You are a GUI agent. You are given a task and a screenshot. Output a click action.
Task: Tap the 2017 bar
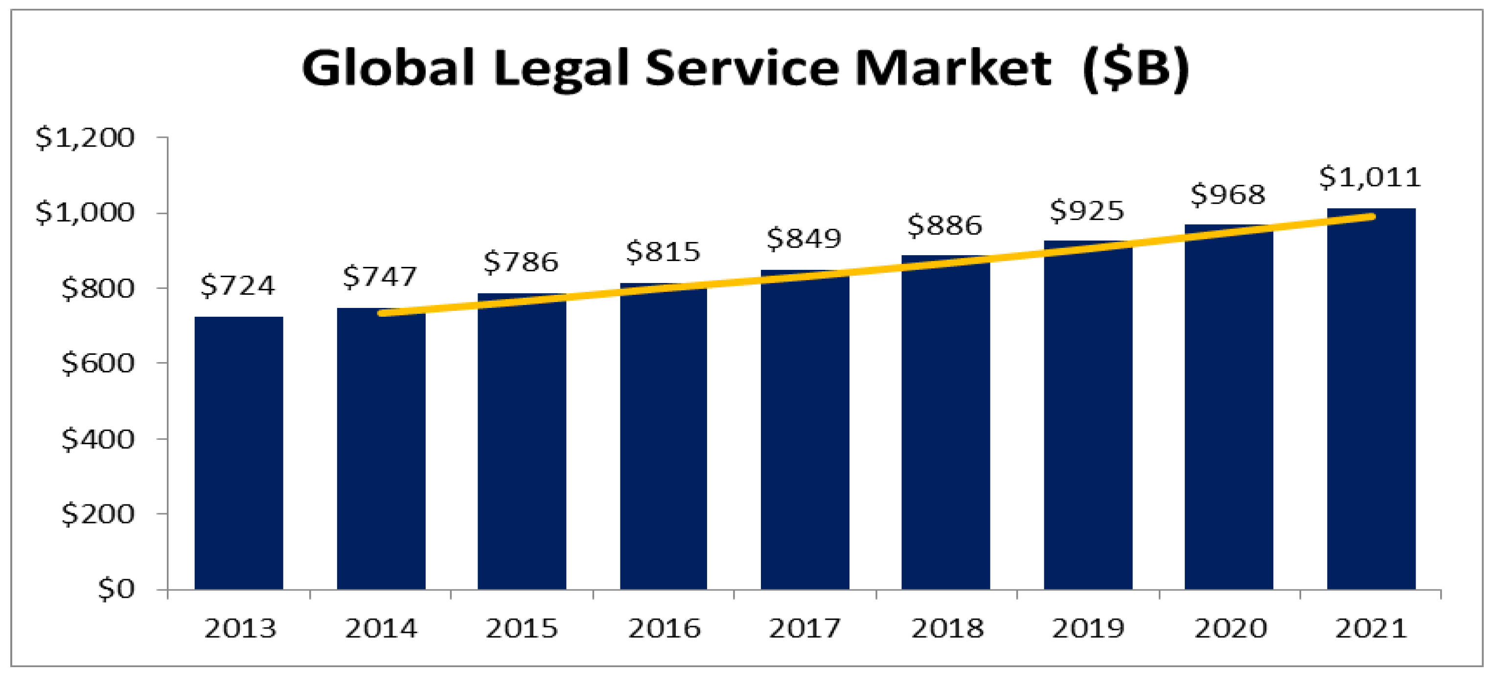[x=804, y=432]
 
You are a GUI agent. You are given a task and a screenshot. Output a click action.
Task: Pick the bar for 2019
[x=1088, y=417]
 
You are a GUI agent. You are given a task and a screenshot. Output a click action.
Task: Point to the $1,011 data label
[x=1370, y=177]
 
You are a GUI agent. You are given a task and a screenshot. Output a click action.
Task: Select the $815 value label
[x=663, y=252]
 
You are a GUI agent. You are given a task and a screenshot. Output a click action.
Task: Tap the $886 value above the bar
[x=945, y=225]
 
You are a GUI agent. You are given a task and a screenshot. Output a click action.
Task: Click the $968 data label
[x=1228, y=195]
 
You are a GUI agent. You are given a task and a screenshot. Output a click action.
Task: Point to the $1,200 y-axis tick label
[x=85, y=138]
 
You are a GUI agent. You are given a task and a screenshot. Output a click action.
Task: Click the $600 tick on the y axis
[x=97, y=363]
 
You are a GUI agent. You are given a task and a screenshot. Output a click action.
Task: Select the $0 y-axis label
[x=116, y=589]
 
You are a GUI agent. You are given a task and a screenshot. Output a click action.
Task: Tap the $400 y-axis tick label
[x=97, y=439]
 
